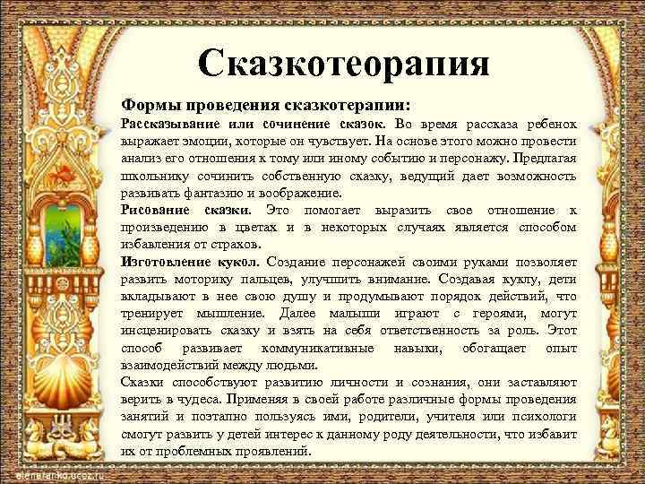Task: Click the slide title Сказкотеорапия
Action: (345, 63)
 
